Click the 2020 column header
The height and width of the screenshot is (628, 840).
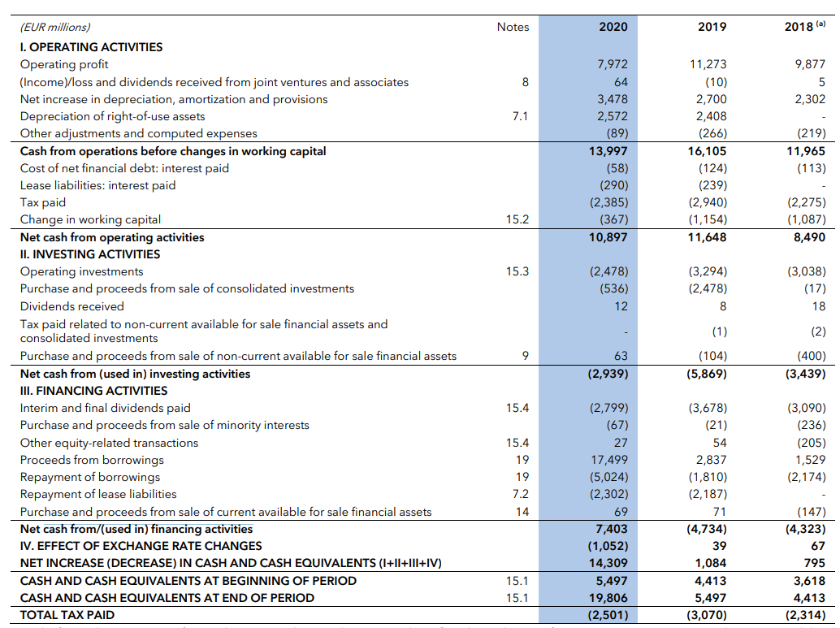(x=613, y=27)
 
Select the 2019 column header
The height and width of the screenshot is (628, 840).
(x=712, y=27)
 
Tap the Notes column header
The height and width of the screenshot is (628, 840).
(x=513, y=27)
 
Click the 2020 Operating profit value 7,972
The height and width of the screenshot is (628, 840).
(x=613, y=64)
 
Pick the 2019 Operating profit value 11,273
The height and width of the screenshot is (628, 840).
(x=709, y=64)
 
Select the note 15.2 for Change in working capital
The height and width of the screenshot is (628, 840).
(x=517, y=219)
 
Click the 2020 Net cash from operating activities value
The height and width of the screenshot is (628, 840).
(x=608, y=237)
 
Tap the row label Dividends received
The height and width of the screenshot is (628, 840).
(x=72, y=306)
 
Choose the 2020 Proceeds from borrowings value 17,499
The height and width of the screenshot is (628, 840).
(x=609, y=460)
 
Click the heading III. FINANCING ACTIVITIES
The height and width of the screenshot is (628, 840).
(x=93, y=391)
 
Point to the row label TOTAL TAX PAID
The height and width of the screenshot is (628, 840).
(x=67, y=615)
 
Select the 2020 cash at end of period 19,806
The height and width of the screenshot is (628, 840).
(x=608, y=598)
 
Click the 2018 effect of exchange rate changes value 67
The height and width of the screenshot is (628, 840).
(x=817, y=546)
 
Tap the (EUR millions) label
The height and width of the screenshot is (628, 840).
(x=55, y=28)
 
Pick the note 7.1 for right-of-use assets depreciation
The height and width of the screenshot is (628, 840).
(x=520, y=116)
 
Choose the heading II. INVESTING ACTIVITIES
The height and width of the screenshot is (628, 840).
(x=90, y=254)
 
